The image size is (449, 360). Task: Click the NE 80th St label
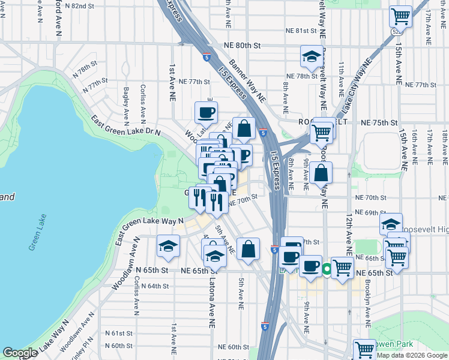tap(243, 45)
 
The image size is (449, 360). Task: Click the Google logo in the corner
tap(20, 353)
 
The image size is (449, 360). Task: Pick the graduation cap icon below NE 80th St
tap(311, 56)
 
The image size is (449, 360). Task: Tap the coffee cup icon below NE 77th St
tap(206, 112)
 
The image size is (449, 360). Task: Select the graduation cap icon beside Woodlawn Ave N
tap(169, 245)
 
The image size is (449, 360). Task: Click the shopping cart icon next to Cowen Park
tap(364, 349)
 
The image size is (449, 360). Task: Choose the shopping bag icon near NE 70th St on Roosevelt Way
tap(322, 172)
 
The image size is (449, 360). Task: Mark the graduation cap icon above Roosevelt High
tap(391, 224)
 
